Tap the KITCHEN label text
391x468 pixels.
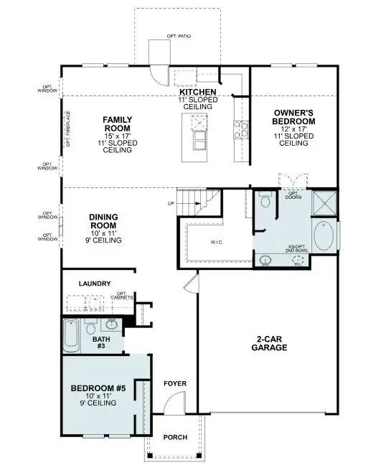pos(197,93)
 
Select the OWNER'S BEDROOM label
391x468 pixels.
pos(293,117)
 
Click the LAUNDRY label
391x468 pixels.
pos(95,284)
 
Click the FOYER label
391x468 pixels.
pos(175,384)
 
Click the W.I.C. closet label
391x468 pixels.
pos(217,241)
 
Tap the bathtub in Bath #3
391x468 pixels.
pos(71,336)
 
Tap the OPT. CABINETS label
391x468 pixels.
pos(126,296)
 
